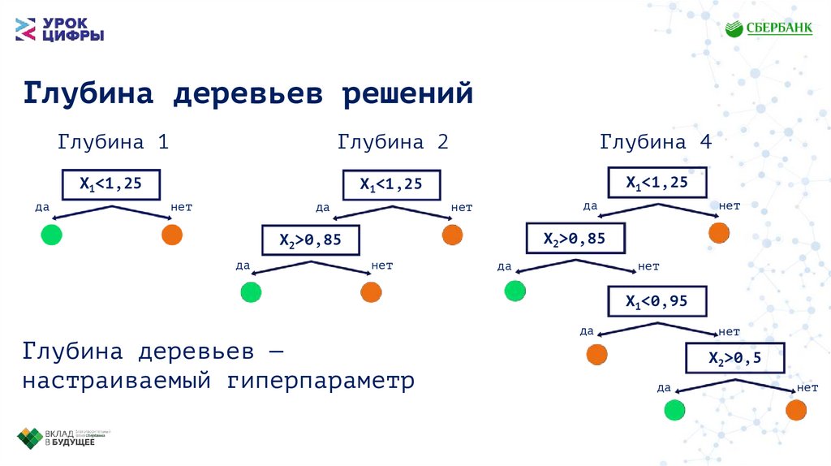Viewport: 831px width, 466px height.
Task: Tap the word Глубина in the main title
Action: (88, 93)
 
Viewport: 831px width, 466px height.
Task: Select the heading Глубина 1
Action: (113, 142)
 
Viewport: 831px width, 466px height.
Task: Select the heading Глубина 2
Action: (393, 142)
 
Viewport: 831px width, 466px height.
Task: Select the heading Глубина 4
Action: (656, 142)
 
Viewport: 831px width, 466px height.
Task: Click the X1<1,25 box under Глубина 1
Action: (111, 185)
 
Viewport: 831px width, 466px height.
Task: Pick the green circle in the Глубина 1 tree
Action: (51, 235)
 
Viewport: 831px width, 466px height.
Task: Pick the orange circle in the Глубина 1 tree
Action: (172, 235)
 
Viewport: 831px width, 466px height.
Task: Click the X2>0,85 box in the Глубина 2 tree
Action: (311, 240)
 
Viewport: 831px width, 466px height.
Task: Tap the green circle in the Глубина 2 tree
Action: (251, 292)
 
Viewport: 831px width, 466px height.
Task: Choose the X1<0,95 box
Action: (657, 302)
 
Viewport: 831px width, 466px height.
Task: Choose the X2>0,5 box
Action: (735, 357)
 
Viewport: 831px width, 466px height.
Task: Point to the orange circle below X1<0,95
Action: (596, 355)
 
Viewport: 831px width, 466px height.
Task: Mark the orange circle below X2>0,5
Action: (796, 410)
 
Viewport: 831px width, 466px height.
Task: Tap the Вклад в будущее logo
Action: (65, 438)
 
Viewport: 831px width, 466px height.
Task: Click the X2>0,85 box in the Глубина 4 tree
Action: (575, 239)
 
